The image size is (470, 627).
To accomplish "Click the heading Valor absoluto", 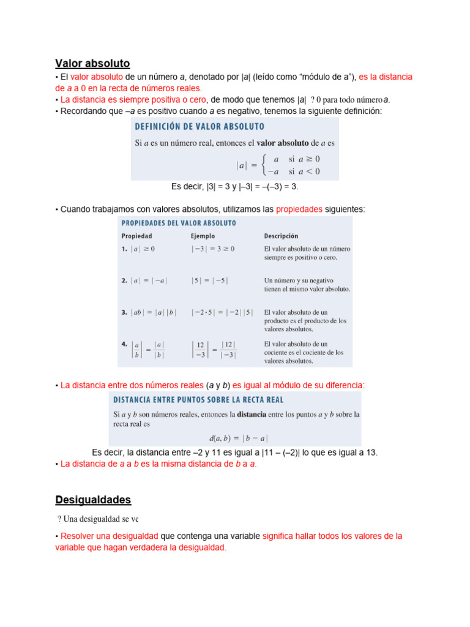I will [x=92, y=63].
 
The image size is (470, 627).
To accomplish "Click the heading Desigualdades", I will [x=93, y=500].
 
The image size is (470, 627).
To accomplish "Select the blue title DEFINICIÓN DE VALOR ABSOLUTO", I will [x=200, y=127].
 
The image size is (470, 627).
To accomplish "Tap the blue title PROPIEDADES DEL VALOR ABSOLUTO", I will [x=179, y=223].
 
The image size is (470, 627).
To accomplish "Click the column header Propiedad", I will [x=136, y=235].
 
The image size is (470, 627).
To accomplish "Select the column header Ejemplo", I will [x=203, y=235].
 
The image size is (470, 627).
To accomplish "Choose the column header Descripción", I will [x=281, y=235].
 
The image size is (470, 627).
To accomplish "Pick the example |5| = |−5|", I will [x=209, y=280].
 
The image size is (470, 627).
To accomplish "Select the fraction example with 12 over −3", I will [x=214, y=349].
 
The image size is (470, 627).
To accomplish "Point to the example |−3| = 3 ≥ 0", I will [x=212, y=249].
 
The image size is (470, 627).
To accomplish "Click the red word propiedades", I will [x=299, y=209].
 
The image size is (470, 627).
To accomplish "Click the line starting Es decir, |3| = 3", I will [x=234, y=186].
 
